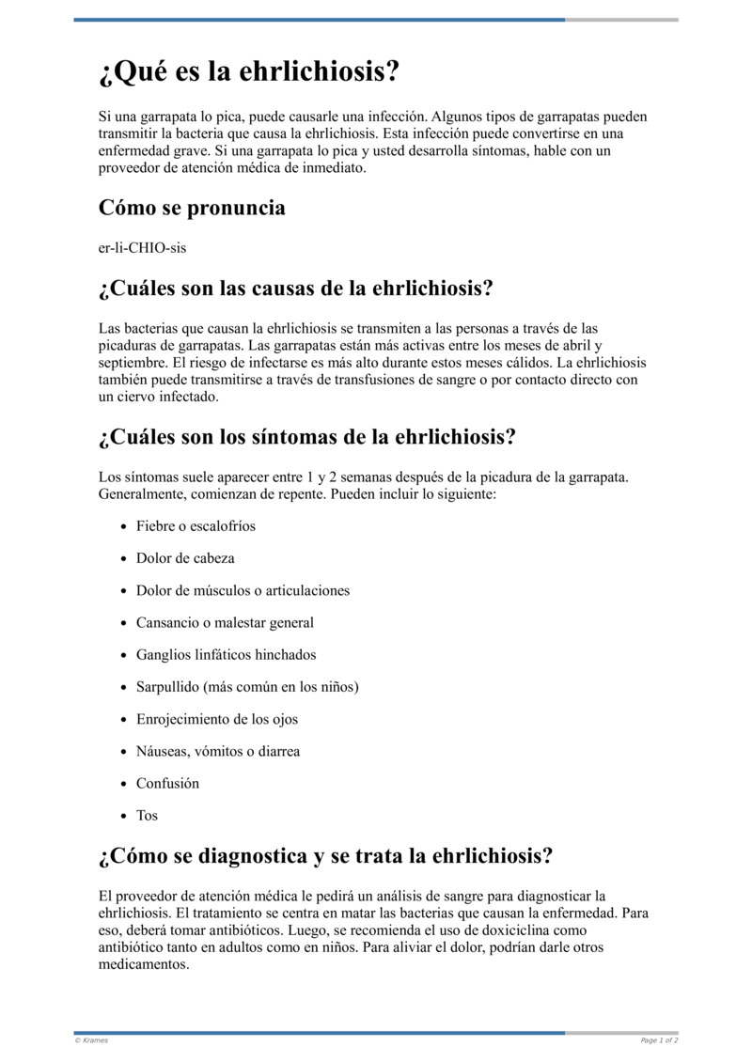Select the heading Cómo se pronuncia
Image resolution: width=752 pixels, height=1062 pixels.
pos(192,208)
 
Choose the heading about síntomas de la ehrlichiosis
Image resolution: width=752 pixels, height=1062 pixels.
pos(307,437)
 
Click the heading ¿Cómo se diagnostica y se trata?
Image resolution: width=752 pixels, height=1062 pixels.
pos(325,856)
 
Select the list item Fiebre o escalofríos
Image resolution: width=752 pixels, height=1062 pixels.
pos(196,526)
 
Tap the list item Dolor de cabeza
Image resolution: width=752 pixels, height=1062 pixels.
pos(185,558)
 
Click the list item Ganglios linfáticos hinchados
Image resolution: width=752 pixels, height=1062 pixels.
pos(226,655)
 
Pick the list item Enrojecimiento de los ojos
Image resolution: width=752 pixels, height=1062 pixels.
pos(217,719)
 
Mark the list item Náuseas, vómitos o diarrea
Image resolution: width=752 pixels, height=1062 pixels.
pos(218,751)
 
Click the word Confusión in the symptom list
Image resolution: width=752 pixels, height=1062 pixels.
pos(167,783)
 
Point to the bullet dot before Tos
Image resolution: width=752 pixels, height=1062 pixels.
pos(124,816)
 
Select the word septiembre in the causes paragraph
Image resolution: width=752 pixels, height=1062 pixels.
pos(133,363)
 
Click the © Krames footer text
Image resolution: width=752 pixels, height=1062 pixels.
pos(91,1040)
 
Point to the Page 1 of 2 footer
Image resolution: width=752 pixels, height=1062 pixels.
pos(659,1040)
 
